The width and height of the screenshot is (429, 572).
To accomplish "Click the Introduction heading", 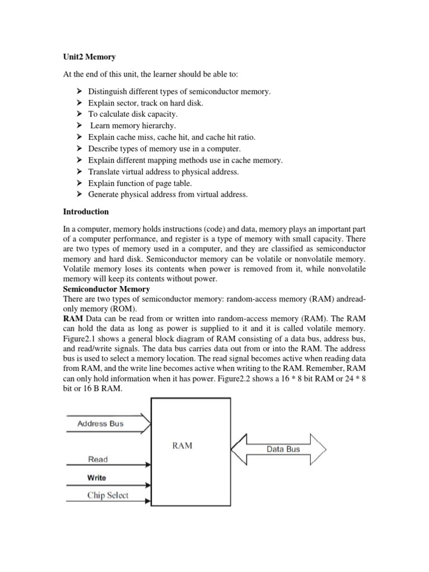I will [85, 212].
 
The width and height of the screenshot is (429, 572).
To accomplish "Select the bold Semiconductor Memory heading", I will [107, 289].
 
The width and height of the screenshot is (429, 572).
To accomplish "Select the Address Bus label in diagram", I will [101, 423].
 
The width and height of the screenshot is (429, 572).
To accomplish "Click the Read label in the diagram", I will [98, 459].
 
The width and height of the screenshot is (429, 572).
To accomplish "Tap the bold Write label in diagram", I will [97, 478].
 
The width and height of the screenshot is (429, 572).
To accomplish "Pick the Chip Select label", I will [108, 495].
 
